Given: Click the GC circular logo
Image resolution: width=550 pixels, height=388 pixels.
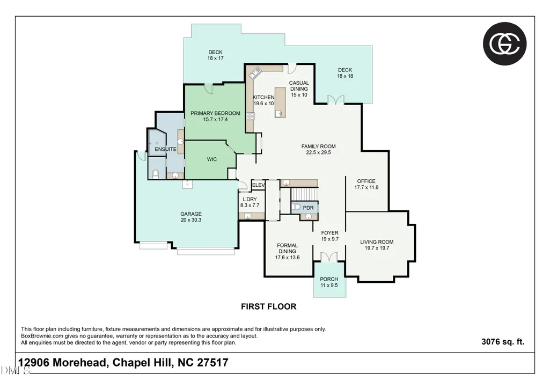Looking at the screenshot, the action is (504, 43).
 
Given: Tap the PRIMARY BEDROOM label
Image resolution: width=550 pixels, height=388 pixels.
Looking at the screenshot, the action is (215, 113).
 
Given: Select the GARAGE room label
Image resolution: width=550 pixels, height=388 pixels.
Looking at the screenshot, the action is (191, 214).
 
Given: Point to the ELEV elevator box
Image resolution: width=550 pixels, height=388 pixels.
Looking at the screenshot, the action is (258, 185).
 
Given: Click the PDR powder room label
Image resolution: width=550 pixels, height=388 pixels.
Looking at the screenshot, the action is (309, 208).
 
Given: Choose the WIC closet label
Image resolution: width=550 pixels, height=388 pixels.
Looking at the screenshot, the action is (212, 159).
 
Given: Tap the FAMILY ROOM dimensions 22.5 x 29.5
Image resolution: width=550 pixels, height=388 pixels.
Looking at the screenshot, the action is (319, 152).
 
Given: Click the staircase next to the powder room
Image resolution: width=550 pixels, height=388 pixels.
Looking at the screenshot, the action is (304, 194).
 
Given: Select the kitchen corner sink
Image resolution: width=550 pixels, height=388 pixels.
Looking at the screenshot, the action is (255, 72).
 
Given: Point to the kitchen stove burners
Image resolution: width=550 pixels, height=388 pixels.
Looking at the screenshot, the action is (250, 116).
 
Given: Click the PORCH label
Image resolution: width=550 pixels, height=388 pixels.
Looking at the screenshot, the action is (329, 279).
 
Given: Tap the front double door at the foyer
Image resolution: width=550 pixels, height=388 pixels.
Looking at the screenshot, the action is (329, 257).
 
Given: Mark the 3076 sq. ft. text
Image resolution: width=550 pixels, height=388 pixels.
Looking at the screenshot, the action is (503, 342).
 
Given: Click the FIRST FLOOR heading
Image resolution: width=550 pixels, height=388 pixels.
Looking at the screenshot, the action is (269, 306).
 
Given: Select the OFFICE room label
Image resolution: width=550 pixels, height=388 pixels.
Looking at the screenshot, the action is (366, 181).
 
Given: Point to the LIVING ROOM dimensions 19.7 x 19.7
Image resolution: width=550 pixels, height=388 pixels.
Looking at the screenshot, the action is (377, 248).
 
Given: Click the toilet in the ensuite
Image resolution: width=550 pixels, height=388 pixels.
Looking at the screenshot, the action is (156, 174).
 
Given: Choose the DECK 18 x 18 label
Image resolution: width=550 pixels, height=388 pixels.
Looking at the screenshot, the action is (345, 73).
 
